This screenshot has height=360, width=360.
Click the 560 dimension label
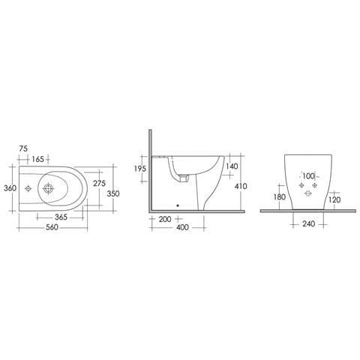tap(52, 227)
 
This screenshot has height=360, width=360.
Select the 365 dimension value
tap(61, 217)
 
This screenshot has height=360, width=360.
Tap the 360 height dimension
tap(10, 188)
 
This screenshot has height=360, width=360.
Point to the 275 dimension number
tap(100, 183)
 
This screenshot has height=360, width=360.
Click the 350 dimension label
tap(113, 193)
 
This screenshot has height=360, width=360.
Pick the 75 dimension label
tap(23, 148)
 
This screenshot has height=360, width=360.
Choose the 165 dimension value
tap(38, 159)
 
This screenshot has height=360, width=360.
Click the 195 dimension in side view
tap(140, 169)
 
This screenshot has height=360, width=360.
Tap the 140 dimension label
tap(232, 166)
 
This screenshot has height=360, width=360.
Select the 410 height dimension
tap(241, 186)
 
